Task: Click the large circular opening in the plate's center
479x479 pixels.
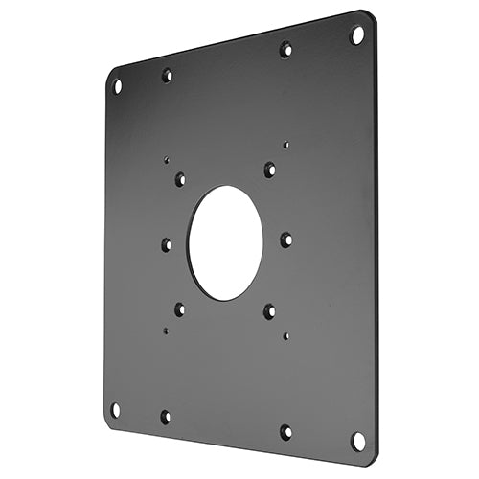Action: point(225,241)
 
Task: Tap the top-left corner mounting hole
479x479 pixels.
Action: point(118,86)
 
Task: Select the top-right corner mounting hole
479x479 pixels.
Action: point(357,35)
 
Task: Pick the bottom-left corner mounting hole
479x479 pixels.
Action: point(116,409)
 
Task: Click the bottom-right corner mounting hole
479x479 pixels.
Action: point(357,441)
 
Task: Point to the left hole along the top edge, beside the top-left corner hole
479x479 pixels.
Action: point(167,75)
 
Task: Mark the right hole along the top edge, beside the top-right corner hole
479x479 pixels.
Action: point(285,48)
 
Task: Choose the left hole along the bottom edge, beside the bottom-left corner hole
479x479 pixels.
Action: point(165,417)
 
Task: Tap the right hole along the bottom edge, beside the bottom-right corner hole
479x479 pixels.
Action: point(285,432)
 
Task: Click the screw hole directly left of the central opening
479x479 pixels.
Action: point(167,244)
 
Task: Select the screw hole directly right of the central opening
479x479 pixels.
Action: point(285,239)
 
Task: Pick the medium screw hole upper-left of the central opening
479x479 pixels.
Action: point(180,178)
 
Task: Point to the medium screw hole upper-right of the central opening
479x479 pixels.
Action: point(269,170)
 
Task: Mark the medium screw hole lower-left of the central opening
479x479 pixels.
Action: point(179,308)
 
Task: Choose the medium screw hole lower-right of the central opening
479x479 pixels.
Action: point(269,310)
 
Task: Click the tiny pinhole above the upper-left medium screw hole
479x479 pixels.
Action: point(166,162)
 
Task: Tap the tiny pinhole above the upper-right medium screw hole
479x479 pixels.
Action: point(286,145)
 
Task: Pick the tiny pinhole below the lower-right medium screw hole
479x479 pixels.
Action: point(286,336)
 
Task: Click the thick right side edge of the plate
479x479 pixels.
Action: point(375,239)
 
